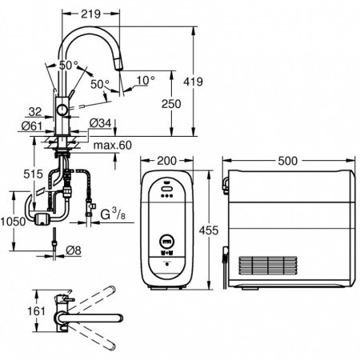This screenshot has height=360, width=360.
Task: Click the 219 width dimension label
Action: [90, 14]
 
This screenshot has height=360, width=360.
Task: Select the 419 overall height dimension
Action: [193, 82]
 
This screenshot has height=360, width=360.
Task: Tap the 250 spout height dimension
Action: [171, 104]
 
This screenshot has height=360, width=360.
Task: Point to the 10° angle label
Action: [146, 80]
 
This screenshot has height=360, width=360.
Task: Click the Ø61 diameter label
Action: [32, 126]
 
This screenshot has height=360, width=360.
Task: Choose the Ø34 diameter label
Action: [100, 123]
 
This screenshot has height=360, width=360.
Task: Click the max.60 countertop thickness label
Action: [113, 146]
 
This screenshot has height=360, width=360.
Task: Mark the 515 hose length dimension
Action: [33, 174]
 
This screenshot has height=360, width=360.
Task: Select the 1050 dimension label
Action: [13, 221]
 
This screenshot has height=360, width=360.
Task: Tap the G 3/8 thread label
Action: [113, 214]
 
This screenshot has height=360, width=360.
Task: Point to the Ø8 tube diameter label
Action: [74, 250]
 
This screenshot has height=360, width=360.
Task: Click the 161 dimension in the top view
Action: [36, 311]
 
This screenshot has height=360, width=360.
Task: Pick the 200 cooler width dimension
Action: [166, 161]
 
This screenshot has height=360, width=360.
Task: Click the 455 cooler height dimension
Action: [209, 230]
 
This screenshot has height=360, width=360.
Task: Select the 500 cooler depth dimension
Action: [287, 161]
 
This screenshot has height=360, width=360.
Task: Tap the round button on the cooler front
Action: [166, 242]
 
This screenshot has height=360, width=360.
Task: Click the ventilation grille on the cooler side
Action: [268, 266]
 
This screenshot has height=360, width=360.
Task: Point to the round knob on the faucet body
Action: [62, 110]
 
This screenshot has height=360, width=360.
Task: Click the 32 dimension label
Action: [35, 112]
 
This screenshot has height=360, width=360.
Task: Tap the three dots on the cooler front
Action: [166, 196]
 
